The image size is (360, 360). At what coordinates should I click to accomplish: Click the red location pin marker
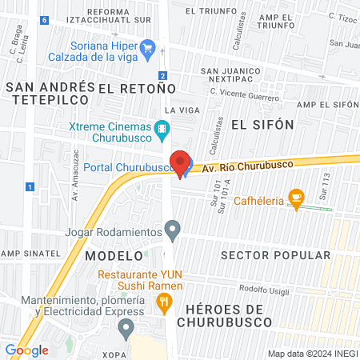tap(181, 162)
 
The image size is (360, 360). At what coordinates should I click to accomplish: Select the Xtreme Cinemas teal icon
tap(162, 127)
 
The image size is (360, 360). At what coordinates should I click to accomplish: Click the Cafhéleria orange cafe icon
tap(297, 199)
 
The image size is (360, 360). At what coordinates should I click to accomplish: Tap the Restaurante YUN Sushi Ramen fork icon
tap(164, 302)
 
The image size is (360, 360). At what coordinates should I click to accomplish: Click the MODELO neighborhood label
tap(113, 254)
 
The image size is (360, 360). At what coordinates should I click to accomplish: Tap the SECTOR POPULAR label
tap(274, 255)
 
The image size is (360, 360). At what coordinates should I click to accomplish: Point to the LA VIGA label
tap(181, 109)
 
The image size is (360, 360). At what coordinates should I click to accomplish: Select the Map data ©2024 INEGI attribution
tap(312, 354)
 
